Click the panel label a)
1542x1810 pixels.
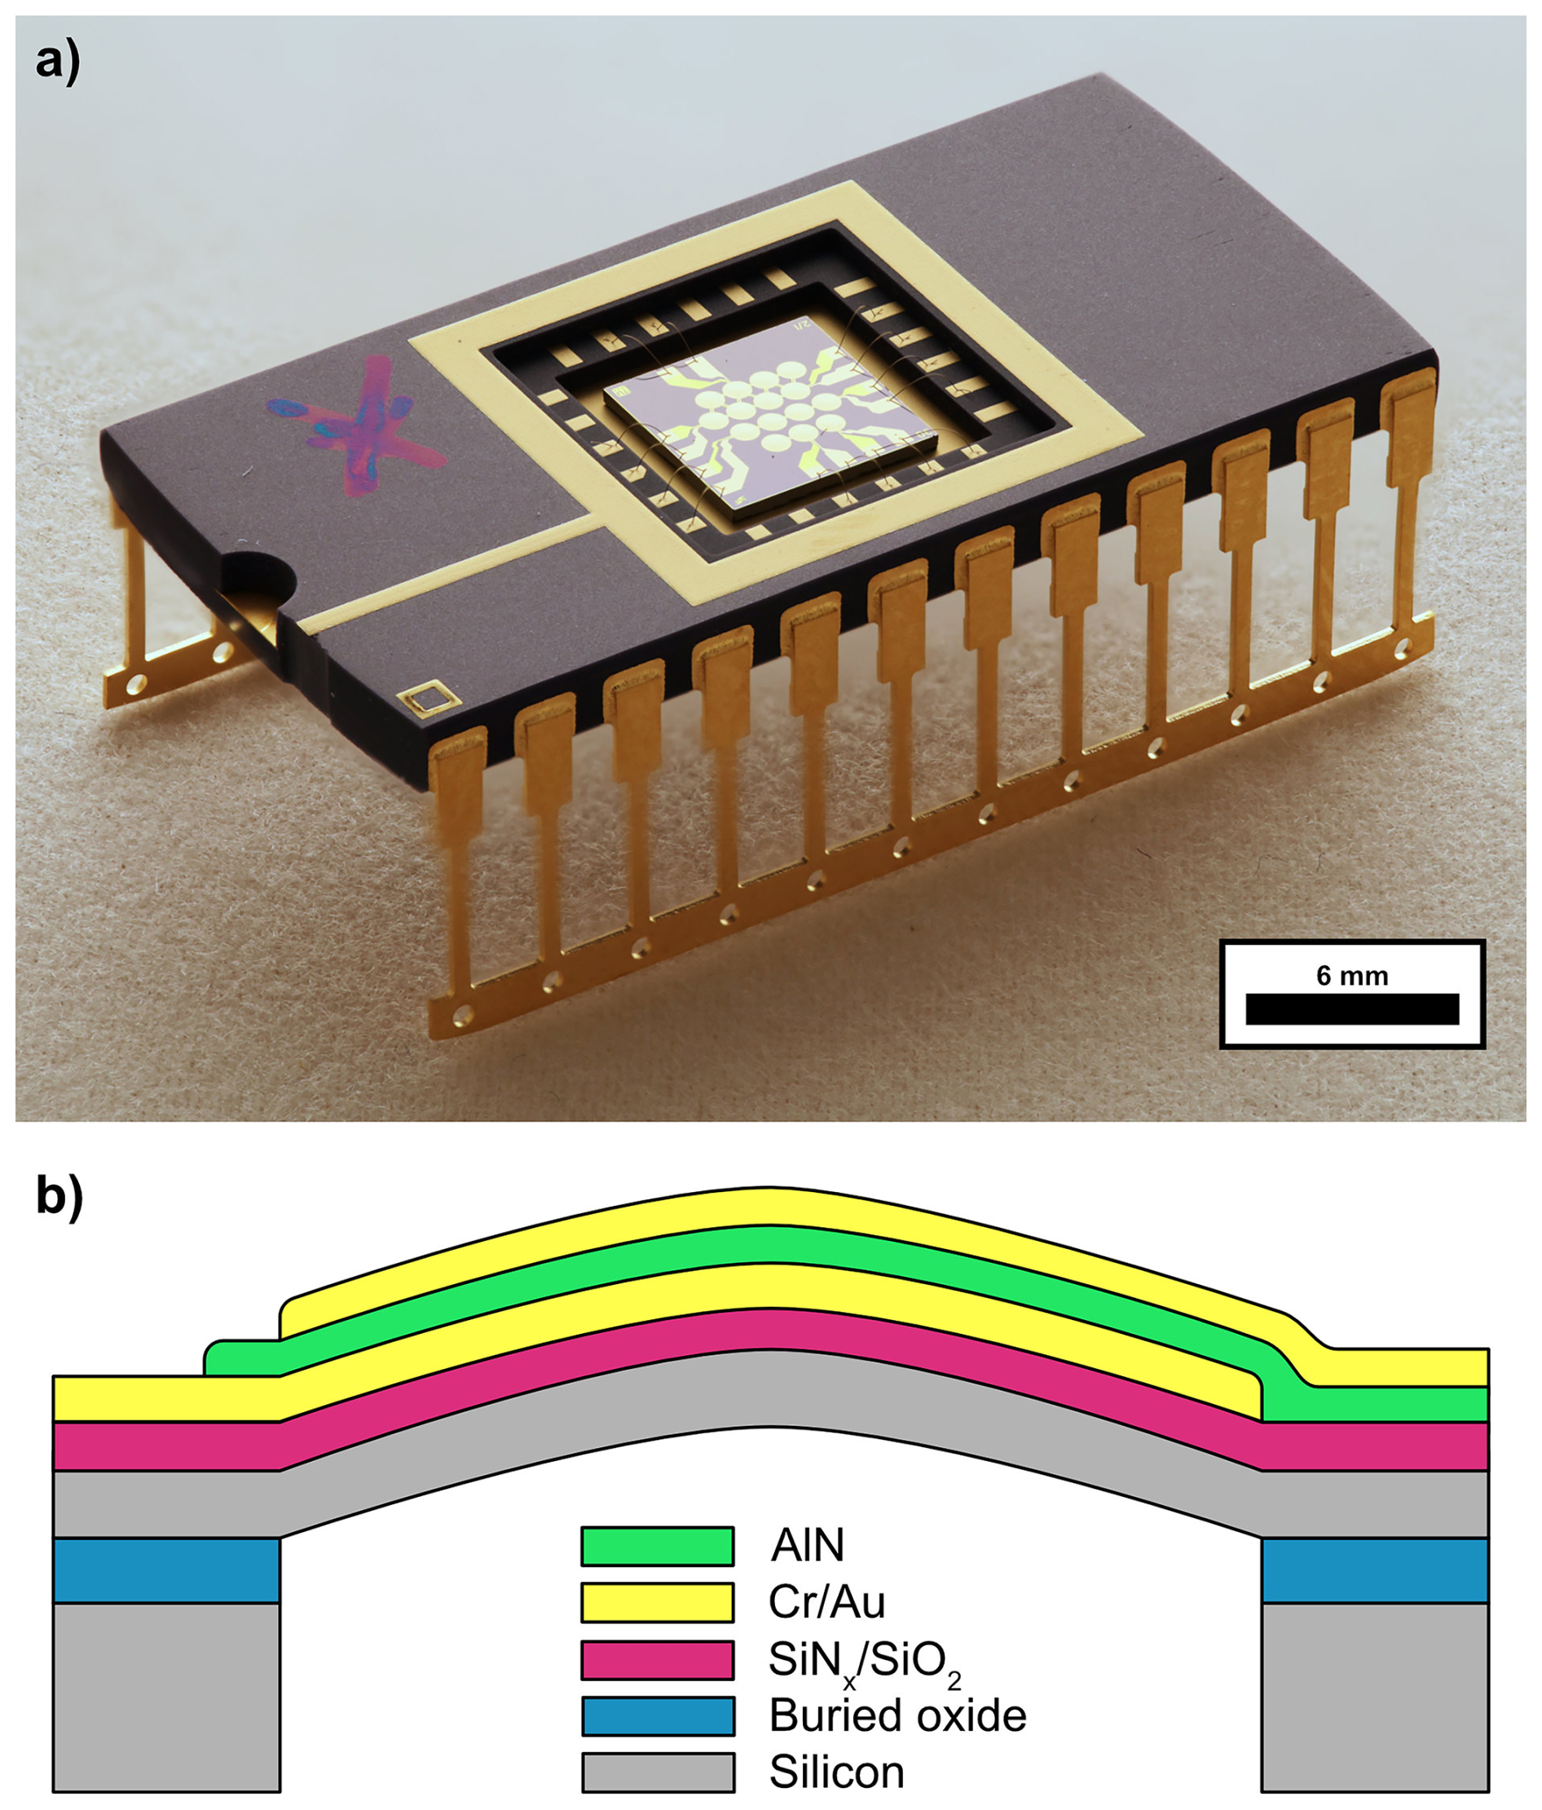pyautogui.click(x=58, y=63)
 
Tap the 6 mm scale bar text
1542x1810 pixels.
pyautogui.click(x=1351, y=976)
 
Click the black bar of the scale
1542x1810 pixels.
pyautogui.click(x=1351, y=1009)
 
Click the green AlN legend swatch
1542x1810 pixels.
pyautogui.click(x=657, y=1545)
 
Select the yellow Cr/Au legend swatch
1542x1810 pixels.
pyautogui.click(x=657, y=1602)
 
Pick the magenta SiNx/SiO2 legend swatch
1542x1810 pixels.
pyautogui.click(x=657, y=1659)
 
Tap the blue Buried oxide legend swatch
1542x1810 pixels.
pyautogui.click(x=657, y=1715)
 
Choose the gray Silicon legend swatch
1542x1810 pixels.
pyautogui.click(x=657, y=1772)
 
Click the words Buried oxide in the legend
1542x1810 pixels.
pyautogui.click(x=897, y=1715)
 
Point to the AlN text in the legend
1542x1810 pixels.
pyautogui.click(x=807, y=1545)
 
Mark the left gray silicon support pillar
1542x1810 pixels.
pyautogui.click(x=167, y=1695)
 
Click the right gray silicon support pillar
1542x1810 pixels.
pyautogui.click(x=1374, y=1695)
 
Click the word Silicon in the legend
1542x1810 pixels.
pyautogui.click(x=835, y=1772)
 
